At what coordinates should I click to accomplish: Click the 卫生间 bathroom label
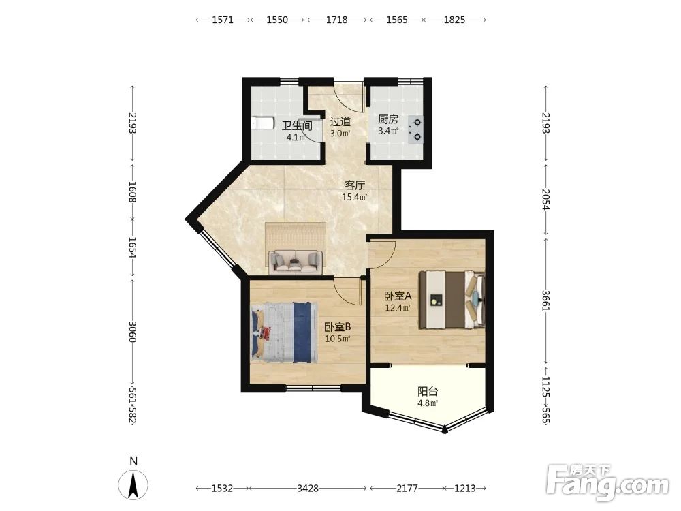(297, 126)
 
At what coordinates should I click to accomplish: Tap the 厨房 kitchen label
(388, 119)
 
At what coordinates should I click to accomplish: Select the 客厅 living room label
(354, 185)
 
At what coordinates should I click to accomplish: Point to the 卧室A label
(398, 296)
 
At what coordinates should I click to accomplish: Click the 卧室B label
(338, 327)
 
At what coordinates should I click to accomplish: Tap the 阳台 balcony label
(428, 391)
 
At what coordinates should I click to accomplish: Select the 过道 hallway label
(340, 122)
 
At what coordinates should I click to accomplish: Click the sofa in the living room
(296, 262)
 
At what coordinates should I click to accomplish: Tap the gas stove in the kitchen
(415, 130)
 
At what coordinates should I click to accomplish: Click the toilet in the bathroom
(262, 123)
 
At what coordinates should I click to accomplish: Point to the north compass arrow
(133, 484)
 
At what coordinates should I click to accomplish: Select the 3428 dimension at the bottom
(308, 489)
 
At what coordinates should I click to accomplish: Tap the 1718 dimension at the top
(337, 20)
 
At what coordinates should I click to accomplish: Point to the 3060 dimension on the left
(133, 332)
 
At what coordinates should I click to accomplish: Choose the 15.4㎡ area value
(354, 198)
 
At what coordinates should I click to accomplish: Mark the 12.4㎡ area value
(398, 308)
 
